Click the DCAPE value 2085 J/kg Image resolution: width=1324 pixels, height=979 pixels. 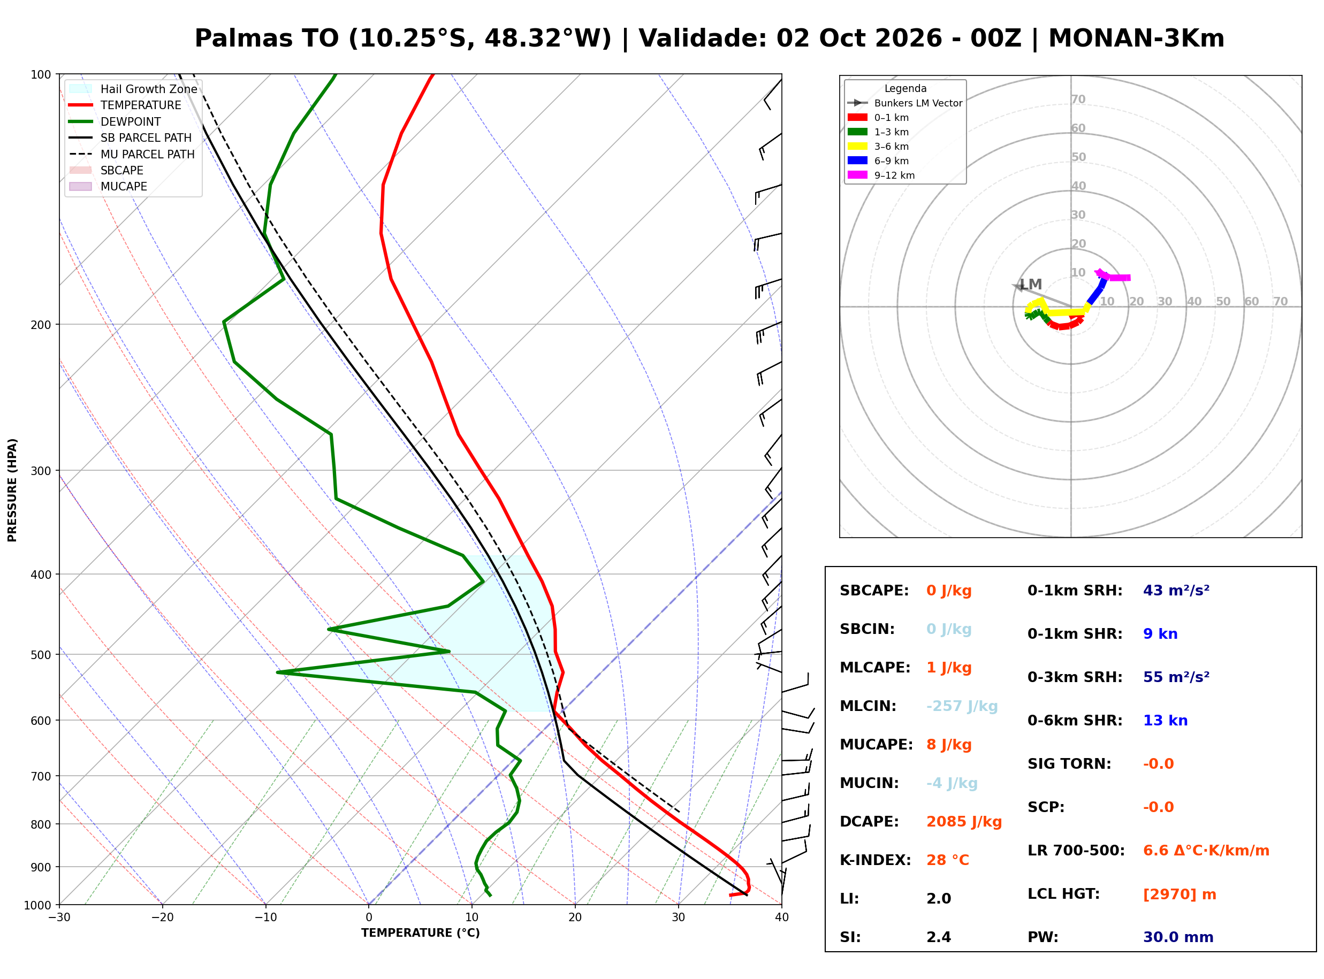[x=964, y=822]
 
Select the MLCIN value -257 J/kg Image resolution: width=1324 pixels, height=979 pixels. [x=962, y=706]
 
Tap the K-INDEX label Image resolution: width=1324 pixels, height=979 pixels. [x=875, y=860]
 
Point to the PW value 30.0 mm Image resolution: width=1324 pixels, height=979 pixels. [x=1178, y=937]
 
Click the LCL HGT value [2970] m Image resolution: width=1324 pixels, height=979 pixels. [x=1180, y=895]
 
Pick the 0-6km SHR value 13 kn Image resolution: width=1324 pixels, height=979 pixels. [x=1165, y=721]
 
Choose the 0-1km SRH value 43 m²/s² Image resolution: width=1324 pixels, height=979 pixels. [x=1176, y=590]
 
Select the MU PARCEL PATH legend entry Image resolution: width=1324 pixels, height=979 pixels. [x=132, y=154]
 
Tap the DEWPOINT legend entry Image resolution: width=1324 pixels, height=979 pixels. [x=115, y=121]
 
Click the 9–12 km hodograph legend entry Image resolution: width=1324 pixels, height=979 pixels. [x=881, y=175]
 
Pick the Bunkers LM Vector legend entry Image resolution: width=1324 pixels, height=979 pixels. [x=905, y=103]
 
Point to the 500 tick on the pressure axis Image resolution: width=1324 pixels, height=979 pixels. [x=41, y=655]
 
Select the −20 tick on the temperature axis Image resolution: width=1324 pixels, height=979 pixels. [x=162, y=917]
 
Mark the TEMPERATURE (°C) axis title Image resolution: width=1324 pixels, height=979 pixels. [x=420, y=933]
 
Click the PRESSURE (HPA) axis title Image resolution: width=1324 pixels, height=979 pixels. [x=12, y=490]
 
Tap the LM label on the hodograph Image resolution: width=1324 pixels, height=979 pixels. [x=1031, y=285]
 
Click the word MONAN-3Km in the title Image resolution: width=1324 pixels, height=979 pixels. [x=1136, y=39]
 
